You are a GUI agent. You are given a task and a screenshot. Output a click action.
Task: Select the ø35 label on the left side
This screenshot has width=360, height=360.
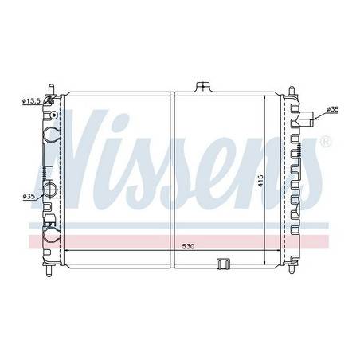[x=29, y=196]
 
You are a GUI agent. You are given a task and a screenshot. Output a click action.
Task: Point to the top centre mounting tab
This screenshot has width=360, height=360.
[x=204, y=85]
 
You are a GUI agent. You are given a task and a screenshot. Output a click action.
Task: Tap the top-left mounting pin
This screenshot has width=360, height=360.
[x=51, y=86]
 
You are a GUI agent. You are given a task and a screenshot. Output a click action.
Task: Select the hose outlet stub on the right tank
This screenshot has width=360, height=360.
[x=307, y=121]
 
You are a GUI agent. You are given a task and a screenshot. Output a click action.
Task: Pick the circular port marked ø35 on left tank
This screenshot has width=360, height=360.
[x=51, y=190]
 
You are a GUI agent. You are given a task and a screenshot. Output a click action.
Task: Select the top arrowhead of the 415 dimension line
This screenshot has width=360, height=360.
[x=266, y=96]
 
